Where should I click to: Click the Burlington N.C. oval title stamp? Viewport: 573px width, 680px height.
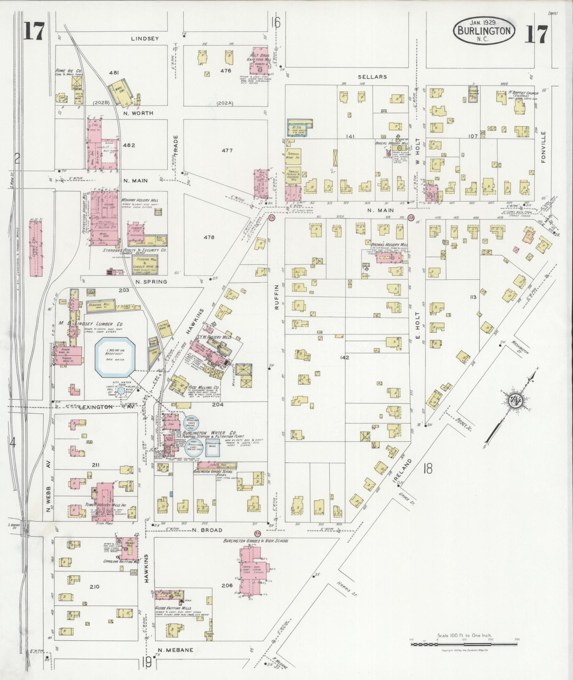pyautogui.click(x=483, y=31)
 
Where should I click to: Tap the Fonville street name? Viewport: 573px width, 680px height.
pyautogui.click(x=544, y=147)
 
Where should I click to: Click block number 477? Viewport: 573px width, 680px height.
pyautogui.click(x=227, y=151)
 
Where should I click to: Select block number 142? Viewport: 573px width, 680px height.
pyautogui.click(x=345, y=358)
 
